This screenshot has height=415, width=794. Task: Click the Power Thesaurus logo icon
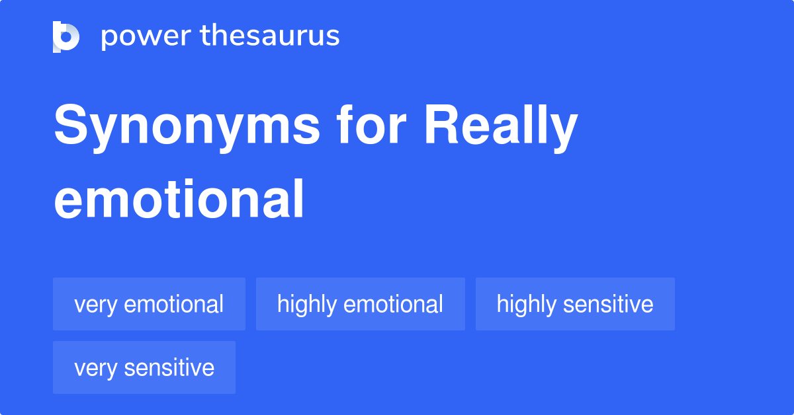tap(66, 36)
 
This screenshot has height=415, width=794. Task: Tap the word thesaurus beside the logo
tap(270, 36)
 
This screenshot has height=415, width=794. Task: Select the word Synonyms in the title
tap(187, 127)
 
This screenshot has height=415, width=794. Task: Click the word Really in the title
tap(501, 127)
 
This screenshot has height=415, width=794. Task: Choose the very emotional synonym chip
tap(149, 304)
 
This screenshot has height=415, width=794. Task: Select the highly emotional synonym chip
tap(360, 304)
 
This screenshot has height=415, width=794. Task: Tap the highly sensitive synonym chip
tap(575, 304)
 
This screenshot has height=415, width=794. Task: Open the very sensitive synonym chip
tap(144, 367)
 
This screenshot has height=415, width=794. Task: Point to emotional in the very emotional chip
tap(174, 304)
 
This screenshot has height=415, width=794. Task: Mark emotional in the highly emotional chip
tap(393, 304)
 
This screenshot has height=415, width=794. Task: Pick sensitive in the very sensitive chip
tap(169, 367)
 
